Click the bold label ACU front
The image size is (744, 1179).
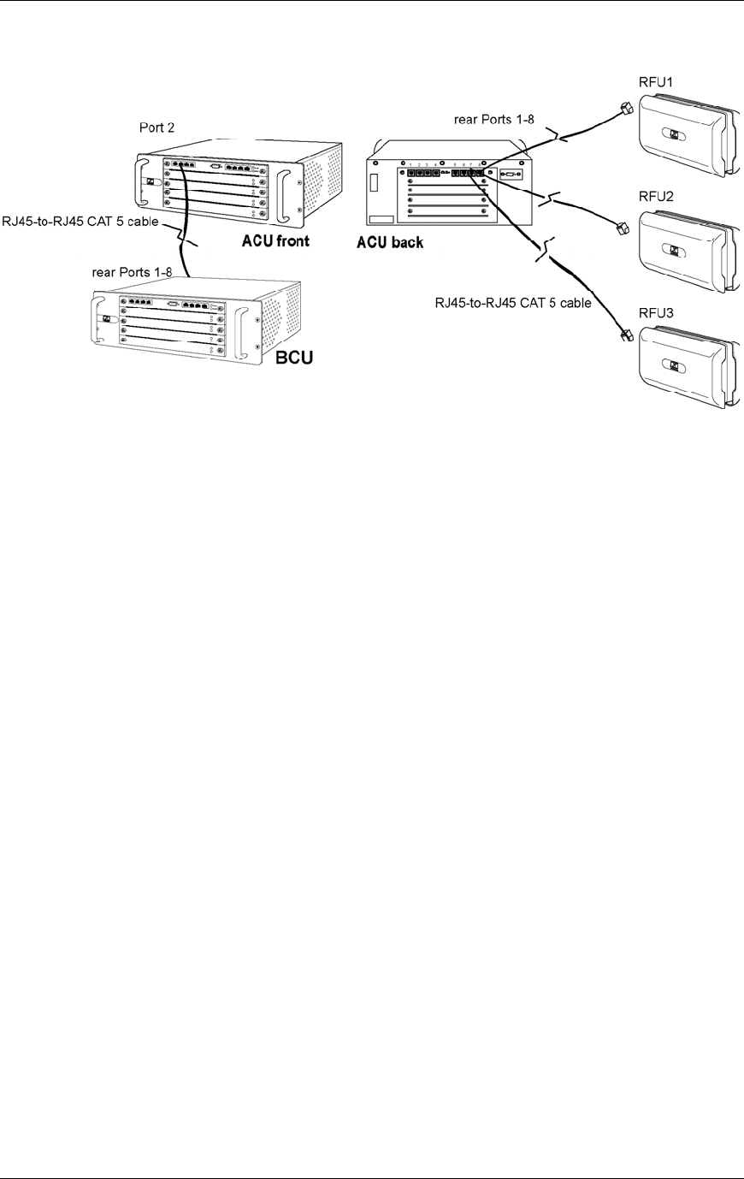click(274, 241)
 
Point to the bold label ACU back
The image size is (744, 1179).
click(389, 243)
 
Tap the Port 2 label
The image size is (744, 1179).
click(157, 127)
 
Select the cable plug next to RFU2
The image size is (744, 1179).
click(622, 227)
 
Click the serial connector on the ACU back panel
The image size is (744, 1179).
click(510, 175)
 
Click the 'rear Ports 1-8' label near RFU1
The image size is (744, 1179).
click(494, 121)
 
